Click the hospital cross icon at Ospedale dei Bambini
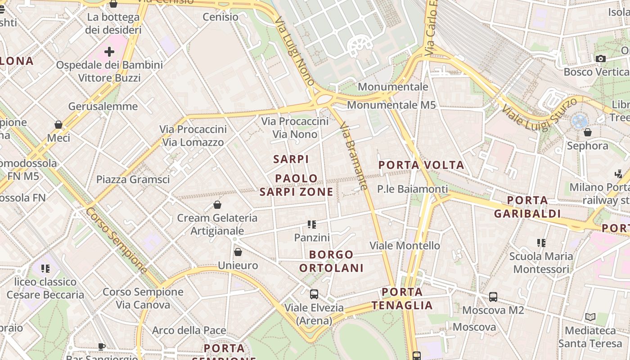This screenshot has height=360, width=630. point(109,52)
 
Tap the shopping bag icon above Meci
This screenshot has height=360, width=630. point(58,125)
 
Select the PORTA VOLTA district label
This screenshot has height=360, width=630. point(421,165)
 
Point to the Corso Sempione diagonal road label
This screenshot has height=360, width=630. point(117,240)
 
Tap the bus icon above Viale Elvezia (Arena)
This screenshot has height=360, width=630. point(314,294)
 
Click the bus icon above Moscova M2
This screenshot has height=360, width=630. point(493,297)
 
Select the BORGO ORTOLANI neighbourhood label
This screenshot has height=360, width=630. point(331,261)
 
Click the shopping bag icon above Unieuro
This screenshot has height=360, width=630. point(238,252)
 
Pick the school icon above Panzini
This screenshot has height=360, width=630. point(312,224)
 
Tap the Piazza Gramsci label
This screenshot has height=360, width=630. point(133,180)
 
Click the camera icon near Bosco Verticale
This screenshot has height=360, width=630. point(600,58)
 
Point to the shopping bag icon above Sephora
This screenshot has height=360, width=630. point(587,132)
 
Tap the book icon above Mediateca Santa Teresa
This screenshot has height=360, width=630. point(590,317)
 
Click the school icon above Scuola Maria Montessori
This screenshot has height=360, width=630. point(541,243)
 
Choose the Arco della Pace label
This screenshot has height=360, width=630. point(189,330)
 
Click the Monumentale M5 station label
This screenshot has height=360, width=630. point(391,105)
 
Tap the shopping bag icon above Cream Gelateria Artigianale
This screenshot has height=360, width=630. point(217,205)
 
